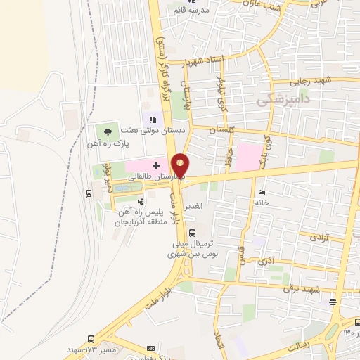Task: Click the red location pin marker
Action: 181,166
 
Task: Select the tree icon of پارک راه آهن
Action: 107,131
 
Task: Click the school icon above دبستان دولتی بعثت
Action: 153,120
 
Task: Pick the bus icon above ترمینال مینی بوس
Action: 193,234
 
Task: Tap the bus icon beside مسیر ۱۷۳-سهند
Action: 91,338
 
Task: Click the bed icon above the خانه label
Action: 262,192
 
